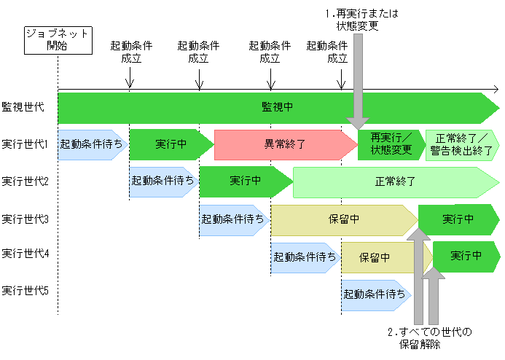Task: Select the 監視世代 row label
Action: (x=23, y=107)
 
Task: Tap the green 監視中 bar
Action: (x=277, y=107)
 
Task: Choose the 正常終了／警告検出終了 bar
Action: (x=461, y=144)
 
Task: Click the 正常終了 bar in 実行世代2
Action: (x=394, y=181)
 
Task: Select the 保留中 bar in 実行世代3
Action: (x=344, y=219)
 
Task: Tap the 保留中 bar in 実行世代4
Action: (x=375, y=257)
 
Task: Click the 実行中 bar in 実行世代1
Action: (x=170, y=144)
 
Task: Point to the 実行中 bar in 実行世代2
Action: (x=245, y=181)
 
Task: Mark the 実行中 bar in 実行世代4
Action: (x=465, y=257)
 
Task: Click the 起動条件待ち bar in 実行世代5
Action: (x=375, y=294)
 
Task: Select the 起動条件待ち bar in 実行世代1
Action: (x=92, y=144)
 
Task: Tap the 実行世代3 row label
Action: (x=26, y=219)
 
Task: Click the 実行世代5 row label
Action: (x=26, y=290)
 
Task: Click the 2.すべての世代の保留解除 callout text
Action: (x=429, y=339)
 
